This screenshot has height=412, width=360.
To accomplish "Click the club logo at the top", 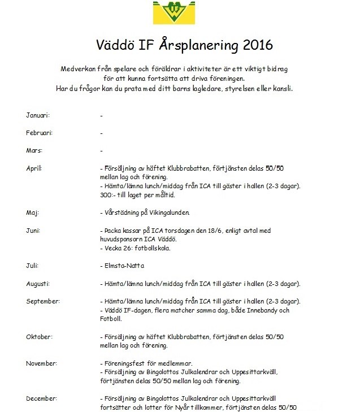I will [179, 12].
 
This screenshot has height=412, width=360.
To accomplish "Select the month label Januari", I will [38, 115].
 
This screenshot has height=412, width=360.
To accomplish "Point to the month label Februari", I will [40, 133].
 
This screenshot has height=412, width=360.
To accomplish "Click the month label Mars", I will [34, 151].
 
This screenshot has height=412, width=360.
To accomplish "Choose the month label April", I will [34, 168].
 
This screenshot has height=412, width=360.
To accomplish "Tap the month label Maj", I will [33, 213].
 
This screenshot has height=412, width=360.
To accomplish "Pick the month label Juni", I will [33, 231].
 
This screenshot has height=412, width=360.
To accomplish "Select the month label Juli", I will [33, 266].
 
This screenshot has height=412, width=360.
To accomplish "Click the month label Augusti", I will [38, 283].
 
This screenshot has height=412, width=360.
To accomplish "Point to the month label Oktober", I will [39, 336].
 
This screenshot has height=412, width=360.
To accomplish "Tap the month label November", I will [41, 363].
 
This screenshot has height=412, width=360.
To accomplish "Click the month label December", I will [41, 398].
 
